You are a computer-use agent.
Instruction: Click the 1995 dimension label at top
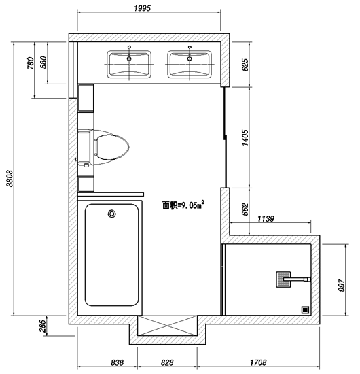(x=143, y=8)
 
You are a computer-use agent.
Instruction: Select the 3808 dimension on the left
(x=10, y=178)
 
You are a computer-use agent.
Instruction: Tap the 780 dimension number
(x=31, y=63)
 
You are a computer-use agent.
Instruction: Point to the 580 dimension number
(x=43, y=62)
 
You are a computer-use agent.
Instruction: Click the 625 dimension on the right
(x=245, y=65)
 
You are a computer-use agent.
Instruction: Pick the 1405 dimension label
(x=245, y=137)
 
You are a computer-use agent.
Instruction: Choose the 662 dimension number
(x=245, y=209)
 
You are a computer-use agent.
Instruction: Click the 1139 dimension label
(x=266, y=218)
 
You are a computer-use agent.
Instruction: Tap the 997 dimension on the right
(x=342, y=286)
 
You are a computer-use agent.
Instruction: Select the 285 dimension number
(x=42, y=326)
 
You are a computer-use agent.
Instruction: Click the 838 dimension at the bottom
(x=118, y=363)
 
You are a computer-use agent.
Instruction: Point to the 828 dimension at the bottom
(x=167, y=363)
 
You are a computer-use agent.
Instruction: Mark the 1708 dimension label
(x=258, y=363)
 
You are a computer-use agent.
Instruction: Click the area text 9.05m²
(x=183, y=205)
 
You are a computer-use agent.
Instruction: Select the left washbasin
(x=129, y=64)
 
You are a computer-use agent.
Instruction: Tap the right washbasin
(x=190, y=64)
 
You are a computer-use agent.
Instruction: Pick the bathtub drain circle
(x=112, y=214)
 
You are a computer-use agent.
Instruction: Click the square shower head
(x=283, y=279)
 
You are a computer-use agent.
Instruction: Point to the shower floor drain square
(x=305, y=310)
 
